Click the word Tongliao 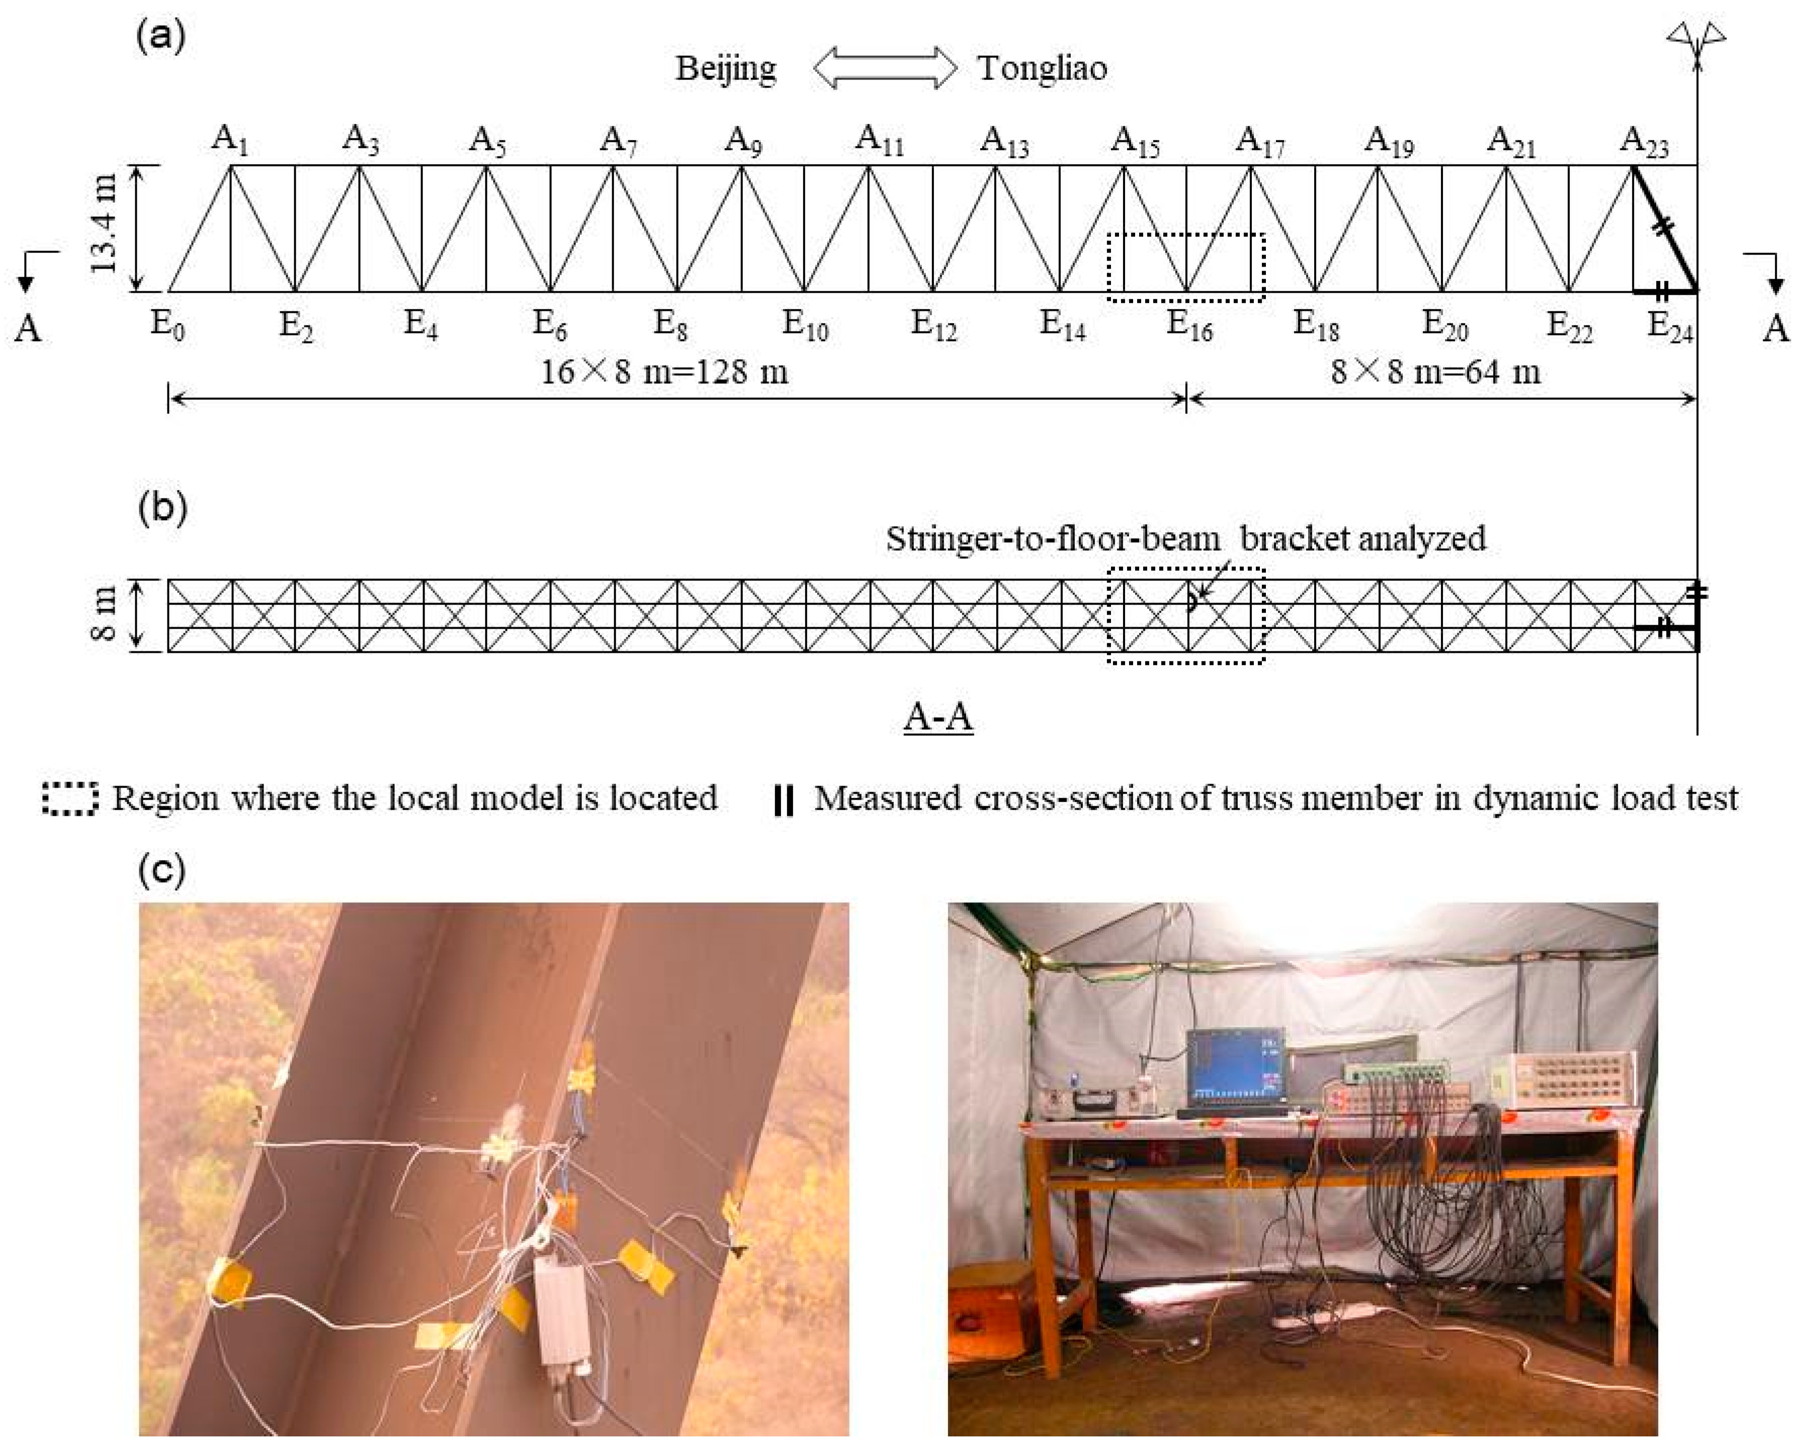click(1042, 68)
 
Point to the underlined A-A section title click(938, 717)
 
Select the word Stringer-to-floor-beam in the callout click(1053, 538)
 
